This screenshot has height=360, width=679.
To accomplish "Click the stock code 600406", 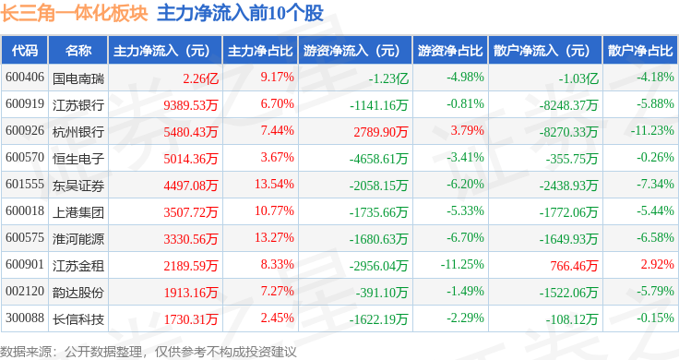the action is coord(25,78).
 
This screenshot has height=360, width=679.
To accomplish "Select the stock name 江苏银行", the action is coord(78,105).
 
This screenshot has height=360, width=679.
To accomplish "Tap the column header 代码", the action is coord(25,51).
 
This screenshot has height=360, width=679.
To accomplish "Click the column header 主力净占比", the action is coord(260,51).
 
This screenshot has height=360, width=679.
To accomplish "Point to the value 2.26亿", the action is coord(200,78).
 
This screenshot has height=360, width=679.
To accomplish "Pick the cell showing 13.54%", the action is coord(274,184).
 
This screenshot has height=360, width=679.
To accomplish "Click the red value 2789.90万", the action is coord(381,132).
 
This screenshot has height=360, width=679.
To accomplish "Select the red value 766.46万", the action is coord(574,266).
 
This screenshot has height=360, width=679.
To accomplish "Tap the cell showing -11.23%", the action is coord(652,130).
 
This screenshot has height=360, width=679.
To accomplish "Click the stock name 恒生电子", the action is coord(78,159).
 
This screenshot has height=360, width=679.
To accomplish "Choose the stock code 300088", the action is coord(25,318).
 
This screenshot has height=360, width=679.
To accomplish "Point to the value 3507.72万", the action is coord(191,212).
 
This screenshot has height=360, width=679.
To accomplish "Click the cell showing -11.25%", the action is coord(462,264).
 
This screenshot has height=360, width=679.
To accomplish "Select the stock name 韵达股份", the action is coord(78,293).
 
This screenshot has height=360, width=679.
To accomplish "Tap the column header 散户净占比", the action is coord(640,51).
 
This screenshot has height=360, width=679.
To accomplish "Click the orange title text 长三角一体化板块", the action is coord(74,13).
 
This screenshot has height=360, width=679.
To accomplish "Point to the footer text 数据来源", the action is coord(26,352).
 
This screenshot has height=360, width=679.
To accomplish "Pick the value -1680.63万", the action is coord(379,239).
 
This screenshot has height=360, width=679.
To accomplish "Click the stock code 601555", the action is coord(25,184).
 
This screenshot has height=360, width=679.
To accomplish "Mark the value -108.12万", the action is coord(572,319).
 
